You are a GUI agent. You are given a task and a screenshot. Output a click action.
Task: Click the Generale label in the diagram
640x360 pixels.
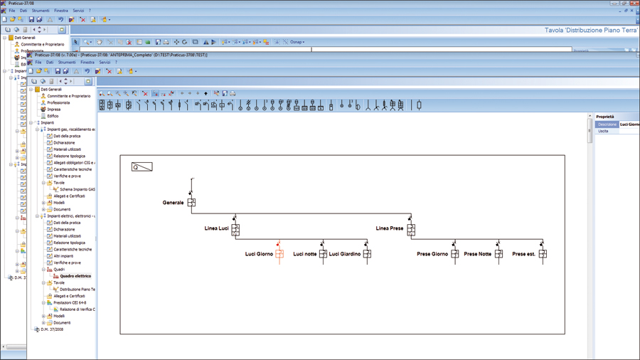click(173, 203)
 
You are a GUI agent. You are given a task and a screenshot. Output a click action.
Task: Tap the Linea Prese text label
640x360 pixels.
click(389, 228)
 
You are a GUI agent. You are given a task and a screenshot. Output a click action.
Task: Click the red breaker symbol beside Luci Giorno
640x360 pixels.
click(279, 253)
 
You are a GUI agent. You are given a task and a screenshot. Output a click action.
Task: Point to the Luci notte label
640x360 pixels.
click(305, 254)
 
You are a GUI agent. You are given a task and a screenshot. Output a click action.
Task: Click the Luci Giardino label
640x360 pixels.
click(345, 254)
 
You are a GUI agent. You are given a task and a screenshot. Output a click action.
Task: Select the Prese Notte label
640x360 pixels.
click(477, 254)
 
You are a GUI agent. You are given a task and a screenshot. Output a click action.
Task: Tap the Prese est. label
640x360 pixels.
click(523, 254)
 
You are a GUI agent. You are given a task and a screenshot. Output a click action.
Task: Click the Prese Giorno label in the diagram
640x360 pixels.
click(432, 254)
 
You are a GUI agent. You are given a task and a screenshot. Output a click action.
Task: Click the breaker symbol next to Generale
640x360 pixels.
click(191, 202)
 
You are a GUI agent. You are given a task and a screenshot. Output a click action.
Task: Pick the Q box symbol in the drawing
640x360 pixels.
click(142, 167)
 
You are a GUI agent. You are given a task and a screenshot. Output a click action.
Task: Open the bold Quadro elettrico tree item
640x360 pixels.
click(75, 276)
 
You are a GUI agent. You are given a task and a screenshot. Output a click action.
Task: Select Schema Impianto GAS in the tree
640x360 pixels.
click(78, 189)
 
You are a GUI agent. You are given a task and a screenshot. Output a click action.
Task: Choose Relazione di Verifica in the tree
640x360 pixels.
click(77, 309)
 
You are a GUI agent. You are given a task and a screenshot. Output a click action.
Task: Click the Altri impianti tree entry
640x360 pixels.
click(66, 256)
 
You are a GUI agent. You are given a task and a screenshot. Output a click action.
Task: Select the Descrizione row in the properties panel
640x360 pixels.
click(607, 125)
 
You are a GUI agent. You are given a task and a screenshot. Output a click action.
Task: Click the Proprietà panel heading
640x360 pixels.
click(605, 117)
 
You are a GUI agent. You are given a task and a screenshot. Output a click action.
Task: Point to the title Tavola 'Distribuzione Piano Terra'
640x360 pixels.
click(590, 31)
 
